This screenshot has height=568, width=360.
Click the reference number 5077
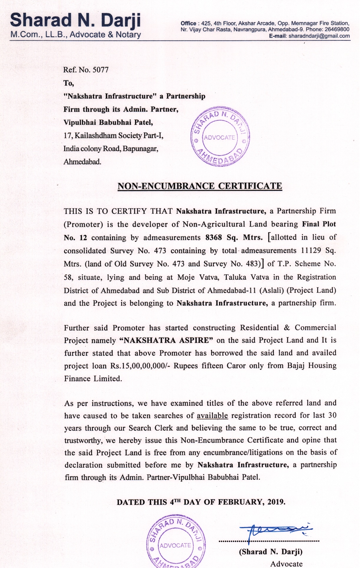(x=101, y=70)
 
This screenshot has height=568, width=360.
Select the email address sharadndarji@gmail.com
(x=319, y=36)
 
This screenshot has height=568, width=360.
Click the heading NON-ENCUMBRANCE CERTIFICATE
(x=200, y=186)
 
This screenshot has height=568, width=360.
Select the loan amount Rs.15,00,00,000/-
(x=140, y=366)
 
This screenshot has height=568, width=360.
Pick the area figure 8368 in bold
(x=214, y=238)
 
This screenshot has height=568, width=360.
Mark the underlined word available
(x=212, y=416)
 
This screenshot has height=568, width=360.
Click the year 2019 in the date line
(x=276, y=502)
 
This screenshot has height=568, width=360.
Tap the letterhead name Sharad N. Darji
(x=75, y=20)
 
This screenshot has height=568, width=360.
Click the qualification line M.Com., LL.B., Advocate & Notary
(x=75, y=35)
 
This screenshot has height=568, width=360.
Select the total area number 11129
(x=311, y=251)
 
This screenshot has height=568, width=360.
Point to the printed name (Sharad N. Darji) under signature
(x=271, y=552)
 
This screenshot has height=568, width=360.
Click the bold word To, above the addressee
(x=69, y=83)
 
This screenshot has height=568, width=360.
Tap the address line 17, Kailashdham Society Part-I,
(x=113, y=136)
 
